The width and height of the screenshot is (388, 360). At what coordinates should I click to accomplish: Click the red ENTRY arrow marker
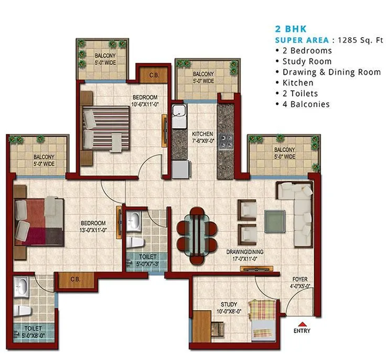[x=302, y=323]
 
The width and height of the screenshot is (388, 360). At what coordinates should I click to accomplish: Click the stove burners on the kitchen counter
[x=227, y=140]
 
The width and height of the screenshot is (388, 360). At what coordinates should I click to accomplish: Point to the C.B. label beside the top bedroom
[x=154, y=74]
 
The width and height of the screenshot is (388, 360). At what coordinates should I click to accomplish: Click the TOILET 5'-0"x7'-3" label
[x=146, y=260]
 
